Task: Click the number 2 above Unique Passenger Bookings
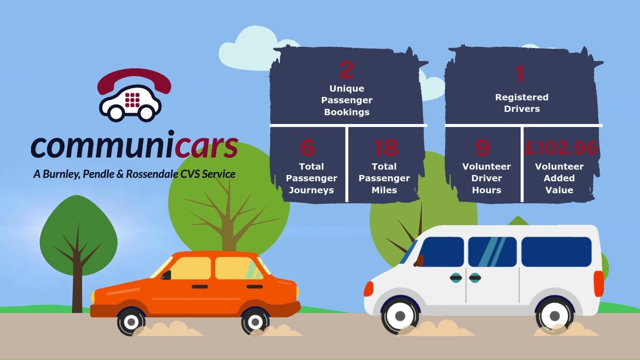(x=347, y=69)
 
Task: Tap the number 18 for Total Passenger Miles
(x=385, y=147)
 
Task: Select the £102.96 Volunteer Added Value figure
(x=561, y=148)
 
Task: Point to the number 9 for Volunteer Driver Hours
(x=482, y=147)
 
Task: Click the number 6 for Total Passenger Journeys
(x=307, y=147)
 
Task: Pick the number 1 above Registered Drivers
(x=520, y=73)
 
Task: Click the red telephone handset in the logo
(x=134, y=80)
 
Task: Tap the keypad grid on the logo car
(x=132, y=100)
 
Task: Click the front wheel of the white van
(x=399, y=316)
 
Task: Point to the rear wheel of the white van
(x=554, y=316)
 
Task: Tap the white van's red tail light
(x=599, y=283)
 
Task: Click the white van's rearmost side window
(x=556, y=251)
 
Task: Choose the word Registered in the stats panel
(x=521, y=97)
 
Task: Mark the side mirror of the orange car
(x=166, y=275)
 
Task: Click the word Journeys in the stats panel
(x=311, y=190)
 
